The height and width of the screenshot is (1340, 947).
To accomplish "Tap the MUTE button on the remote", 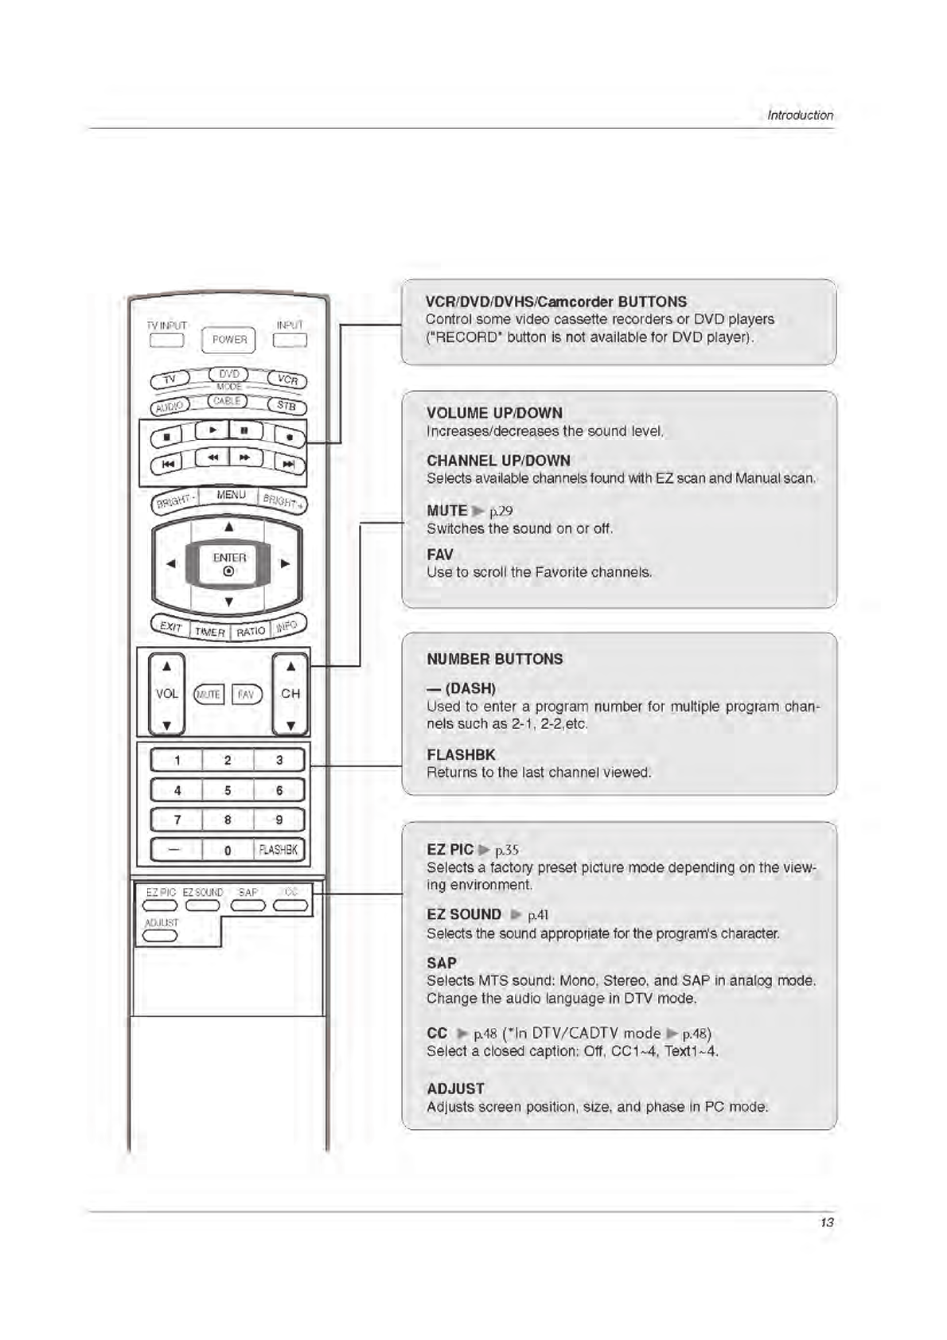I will [209, 695].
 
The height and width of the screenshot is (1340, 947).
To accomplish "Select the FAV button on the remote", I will [246, 695].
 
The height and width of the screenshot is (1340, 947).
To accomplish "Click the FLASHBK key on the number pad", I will [278, 850].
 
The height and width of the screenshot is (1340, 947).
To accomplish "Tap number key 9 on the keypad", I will [279, 820].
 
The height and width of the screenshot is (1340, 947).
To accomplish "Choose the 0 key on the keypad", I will [228, 850].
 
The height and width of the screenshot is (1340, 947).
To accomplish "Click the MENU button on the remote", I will [231, 495].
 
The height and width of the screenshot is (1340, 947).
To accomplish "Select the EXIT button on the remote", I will [170, 626].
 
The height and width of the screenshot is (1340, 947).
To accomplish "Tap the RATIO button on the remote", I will [250, 631].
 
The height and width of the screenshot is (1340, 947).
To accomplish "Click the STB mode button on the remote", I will [286, 406].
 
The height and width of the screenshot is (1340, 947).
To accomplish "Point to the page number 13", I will [827, 1222].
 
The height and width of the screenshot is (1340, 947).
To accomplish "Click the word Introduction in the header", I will [800, 115].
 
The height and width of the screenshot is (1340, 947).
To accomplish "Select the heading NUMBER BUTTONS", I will [494, 659].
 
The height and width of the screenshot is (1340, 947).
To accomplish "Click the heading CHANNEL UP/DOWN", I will [498, 461].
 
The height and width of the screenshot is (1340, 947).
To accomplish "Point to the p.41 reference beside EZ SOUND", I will [538, 915].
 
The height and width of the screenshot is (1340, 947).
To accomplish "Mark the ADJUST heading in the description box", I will [455, 1089].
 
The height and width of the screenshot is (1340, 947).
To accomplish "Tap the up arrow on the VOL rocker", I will [166, 667].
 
